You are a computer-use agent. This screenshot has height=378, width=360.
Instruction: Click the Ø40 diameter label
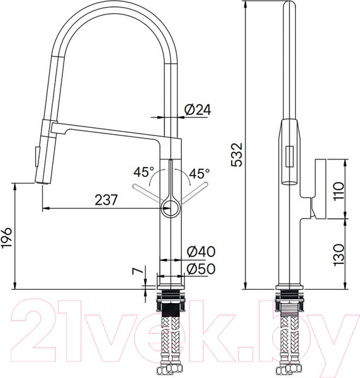pyautogui.click(x=200, y=251)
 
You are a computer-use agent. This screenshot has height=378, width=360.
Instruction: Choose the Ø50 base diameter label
pyautogui.click(x=200, y=268)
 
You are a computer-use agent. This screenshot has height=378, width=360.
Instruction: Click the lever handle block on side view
pyautogui.click(x=317, y=189)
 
